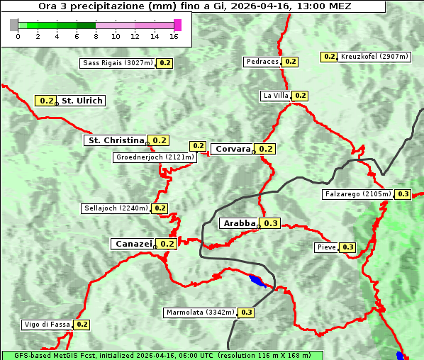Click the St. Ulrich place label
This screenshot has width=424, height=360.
(x=82, y=101)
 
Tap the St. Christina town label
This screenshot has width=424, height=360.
(x=115, y=140)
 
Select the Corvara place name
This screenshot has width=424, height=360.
(x=233, y=149)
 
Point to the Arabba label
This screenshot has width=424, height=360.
(x=238, y=223)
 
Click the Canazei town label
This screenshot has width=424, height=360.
(x=133, y=243)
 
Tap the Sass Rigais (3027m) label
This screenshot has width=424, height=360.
(x=118, y=63)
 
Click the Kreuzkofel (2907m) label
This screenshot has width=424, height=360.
(x=374, y=57)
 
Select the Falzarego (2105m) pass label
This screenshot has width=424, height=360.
(x=357, y=194)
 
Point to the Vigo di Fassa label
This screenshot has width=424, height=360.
(x=48, y=325)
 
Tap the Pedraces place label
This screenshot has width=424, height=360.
(x=262, y=62)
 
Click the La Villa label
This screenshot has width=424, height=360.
(x=275, y=96)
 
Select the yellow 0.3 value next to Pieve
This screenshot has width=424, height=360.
(x=347, y=247)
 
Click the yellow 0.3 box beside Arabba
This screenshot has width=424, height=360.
(x=271, y=223)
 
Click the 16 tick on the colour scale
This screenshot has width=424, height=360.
(x=174, y=36)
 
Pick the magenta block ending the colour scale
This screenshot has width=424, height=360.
(x=177, y=25)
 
